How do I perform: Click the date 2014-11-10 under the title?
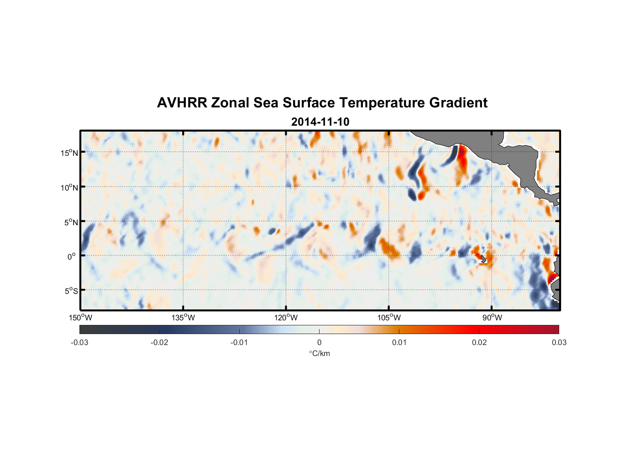pos(320,122)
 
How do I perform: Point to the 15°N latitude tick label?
pos(69,153)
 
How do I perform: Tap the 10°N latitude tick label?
pos(69,187)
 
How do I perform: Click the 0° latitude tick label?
pos(72,256)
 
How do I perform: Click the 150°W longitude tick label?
pos(81,318)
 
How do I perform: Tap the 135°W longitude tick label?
pos(183,318)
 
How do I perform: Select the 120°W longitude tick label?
pos(286,318)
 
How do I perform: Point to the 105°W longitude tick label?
pos(389,318)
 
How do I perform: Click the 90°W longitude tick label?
pos(492,318)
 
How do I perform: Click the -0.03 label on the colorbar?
pos(79,342)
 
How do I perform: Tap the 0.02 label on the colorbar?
pos(479,342)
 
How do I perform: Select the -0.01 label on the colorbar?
pos(239,342)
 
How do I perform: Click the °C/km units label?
pos(319,353)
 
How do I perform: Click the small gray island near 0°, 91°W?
pos(483,259)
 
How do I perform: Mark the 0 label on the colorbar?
pos(319,342)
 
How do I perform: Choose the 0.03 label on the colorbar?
pos(559,342)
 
